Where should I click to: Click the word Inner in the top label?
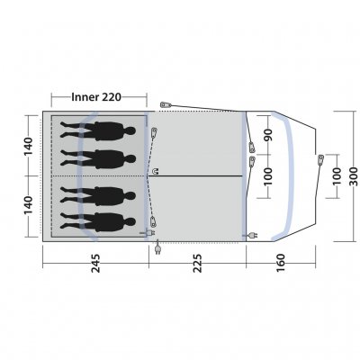click(85, 97)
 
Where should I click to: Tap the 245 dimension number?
click(95, 264)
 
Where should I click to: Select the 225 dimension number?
click(198, 264)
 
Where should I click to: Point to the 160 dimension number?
click(281, 263)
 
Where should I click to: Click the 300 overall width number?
click(354, 175)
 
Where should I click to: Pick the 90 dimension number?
click(268, 135)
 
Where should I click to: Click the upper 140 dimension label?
click(28, 146)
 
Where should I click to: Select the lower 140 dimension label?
click(28, 205)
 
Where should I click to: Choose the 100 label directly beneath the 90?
click(268, 176)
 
